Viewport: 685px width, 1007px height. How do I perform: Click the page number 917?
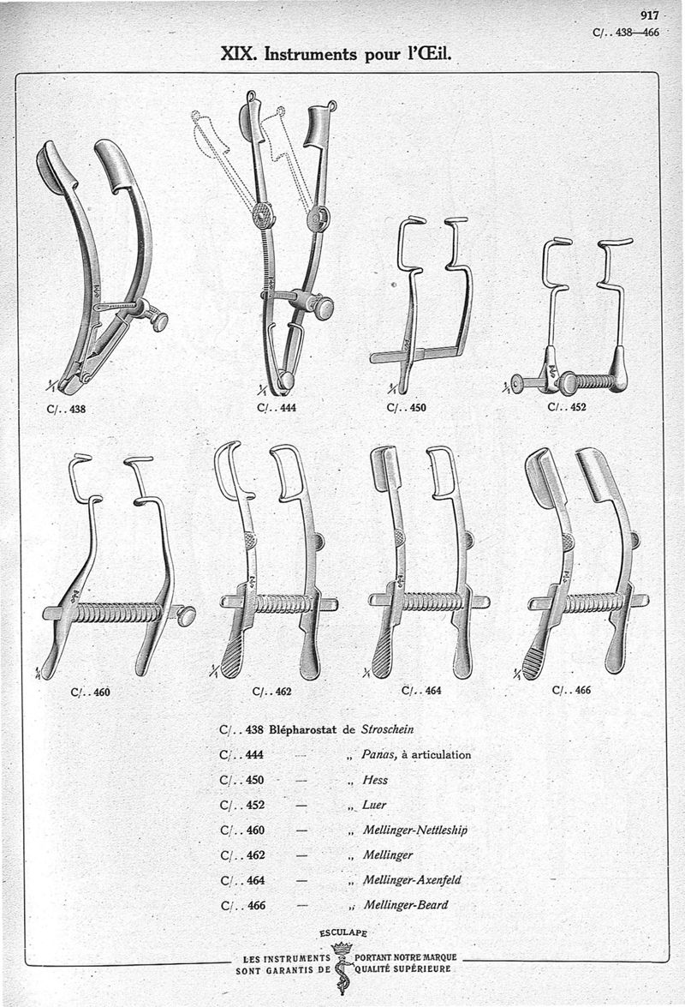tap(648, 15)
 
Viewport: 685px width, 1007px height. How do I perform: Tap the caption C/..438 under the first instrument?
tap(66, 409)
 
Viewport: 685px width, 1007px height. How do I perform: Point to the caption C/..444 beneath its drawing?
tap(276, 408)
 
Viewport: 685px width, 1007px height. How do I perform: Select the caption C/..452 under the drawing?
tap(567, 407)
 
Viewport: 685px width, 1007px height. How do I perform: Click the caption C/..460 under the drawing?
tap(90, 692)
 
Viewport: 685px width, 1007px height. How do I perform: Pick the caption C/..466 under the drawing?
tap(571, 690)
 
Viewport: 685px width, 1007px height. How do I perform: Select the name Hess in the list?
tap(375, 781)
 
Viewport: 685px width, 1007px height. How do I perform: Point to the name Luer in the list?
tap(375, 806)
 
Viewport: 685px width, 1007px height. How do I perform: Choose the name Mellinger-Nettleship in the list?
tap(414, 830)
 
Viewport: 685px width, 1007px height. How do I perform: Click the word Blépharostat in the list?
tap(304, 730)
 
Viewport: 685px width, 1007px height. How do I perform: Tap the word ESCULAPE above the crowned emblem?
tap(343, 932)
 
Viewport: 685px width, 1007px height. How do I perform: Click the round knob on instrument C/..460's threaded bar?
tap(186, 614)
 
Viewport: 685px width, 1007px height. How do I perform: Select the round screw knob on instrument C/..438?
tap(158, 321)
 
